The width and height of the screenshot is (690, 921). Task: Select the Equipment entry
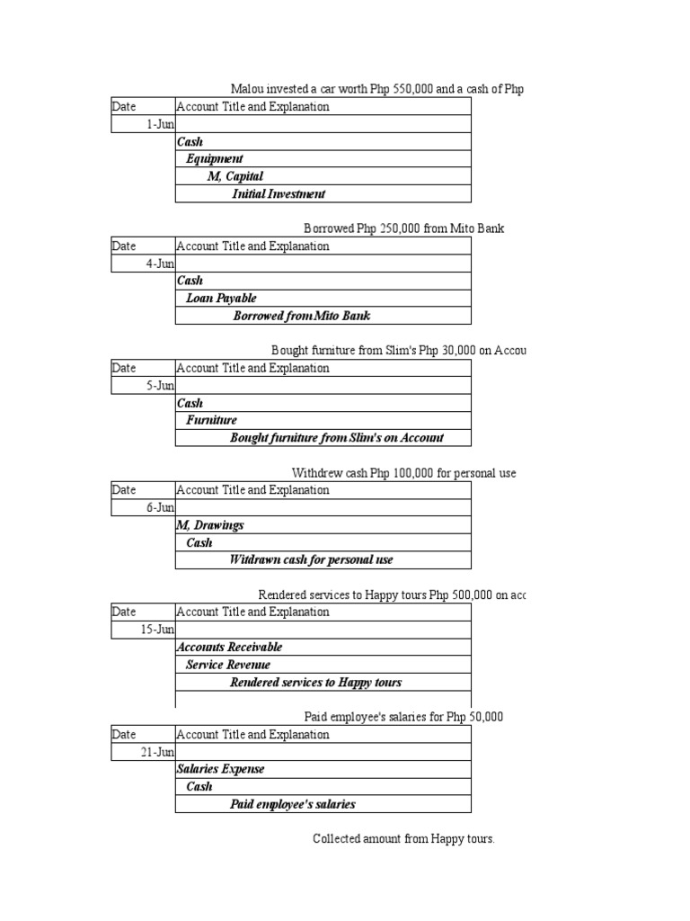[214, 159]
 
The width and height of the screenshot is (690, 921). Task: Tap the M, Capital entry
[234, 176]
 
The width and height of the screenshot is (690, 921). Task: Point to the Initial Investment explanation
[279, 194]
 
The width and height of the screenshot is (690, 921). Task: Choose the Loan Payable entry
[221, 299]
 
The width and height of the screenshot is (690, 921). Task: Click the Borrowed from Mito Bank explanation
[301, 316]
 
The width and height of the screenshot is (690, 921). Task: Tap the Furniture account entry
[211, 421]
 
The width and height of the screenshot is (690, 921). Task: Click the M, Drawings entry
[210, 525]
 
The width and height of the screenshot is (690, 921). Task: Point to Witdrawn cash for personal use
[311, 560]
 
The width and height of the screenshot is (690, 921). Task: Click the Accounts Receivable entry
[229, 648]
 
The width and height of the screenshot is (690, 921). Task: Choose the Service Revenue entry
[227, 665]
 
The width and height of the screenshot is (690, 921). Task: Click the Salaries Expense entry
[220, 770]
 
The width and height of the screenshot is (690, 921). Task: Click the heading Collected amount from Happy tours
[403, 839]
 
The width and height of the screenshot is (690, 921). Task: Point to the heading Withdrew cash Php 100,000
[403, 473]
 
